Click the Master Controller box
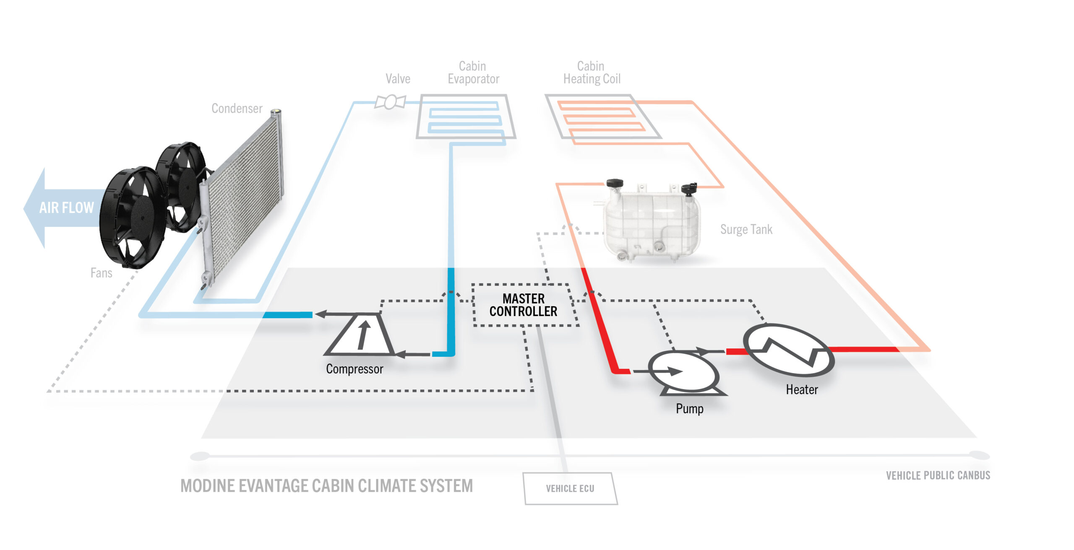point(524,305)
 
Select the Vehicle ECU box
point(570,488)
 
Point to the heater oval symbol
point(789,350)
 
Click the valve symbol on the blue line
point(390,102)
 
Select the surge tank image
point(652,222)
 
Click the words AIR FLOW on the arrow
point(66,208)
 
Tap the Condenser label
point(237,109)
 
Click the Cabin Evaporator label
point(473,73)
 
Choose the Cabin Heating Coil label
point(592,73)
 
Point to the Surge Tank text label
point(746,230)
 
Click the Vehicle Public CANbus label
point(938,475)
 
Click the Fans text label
point(101,273)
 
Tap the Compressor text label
point(355,369)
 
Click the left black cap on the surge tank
point(615,184)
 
